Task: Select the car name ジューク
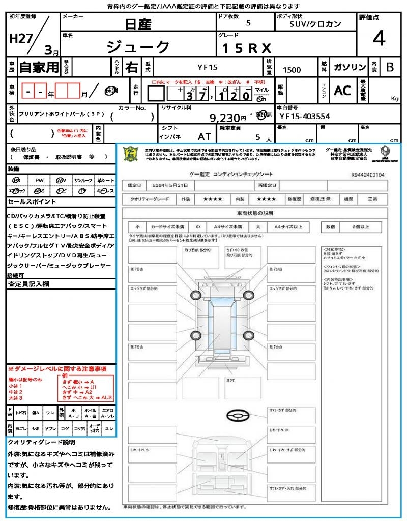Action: click(138, 47)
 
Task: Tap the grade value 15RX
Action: click(246, 48)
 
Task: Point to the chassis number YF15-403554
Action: click(305, 117)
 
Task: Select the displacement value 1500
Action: click(292, 70)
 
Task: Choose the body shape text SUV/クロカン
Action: click(315, 24)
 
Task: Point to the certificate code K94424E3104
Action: click(367, 174)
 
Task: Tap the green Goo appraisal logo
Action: click(131, 153)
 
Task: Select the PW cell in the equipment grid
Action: click(39, 181)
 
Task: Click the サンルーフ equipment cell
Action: click(83, 181)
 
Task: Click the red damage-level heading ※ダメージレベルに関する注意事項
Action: click(57, 368)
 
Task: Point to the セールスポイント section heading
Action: click(28, 202)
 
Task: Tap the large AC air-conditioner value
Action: click(342, 90)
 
